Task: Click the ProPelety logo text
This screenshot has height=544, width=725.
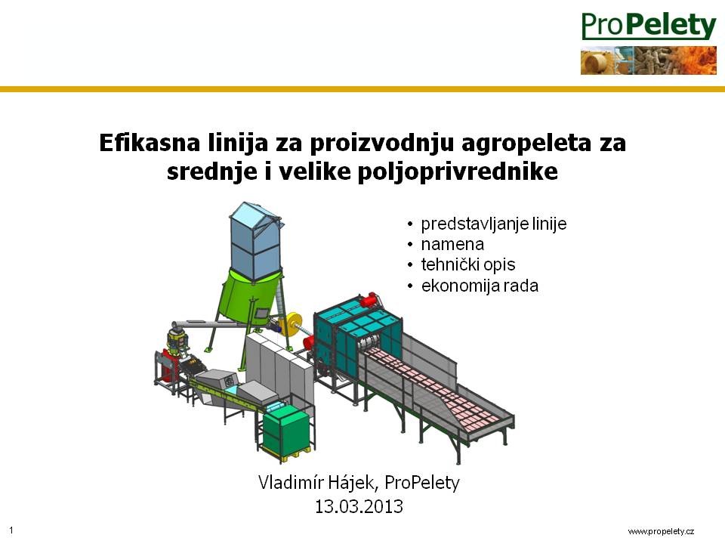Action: (649, 26)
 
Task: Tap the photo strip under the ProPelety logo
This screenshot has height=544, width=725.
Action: (649, 60)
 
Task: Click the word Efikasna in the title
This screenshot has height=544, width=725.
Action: (150, 142)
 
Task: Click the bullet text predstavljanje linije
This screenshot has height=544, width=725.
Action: (493, 224)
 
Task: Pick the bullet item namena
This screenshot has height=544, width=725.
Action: (452, 244)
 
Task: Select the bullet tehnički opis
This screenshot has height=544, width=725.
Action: (468, 264)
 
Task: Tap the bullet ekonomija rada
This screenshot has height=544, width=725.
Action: (480, 286)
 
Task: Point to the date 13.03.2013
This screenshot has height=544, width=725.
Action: (359, 506)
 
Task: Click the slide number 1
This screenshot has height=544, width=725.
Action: (11, 530)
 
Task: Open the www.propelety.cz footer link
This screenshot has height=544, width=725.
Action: (661, 531)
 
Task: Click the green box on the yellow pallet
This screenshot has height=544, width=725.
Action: (285, 431)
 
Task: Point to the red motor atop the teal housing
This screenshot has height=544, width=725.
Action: (370, 300)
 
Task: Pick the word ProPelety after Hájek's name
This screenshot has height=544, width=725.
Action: (421, 483)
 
